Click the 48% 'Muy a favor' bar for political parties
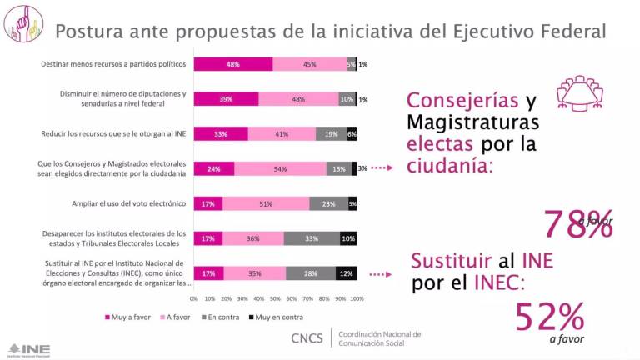(x=233, y=64)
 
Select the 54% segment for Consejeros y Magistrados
(x=280, y=168)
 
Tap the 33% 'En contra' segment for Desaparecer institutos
(x=312, y=238)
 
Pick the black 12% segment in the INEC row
(x=347, y=272)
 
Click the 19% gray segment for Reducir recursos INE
(x=331, y=133)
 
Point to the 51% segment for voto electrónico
(x=265, y=203)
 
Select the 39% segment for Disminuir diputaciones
(x=226, y=99)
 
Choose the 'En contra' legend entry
(x=220, y=317)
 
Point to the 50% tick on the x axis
(x=275, y=297)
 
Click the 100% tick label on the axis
(x=357, y=297)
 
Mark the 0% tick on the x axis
(x=194, y=297)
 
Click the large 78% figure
(x=578, y=223)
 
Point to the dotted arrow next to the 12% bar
(x=381, y=272)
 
